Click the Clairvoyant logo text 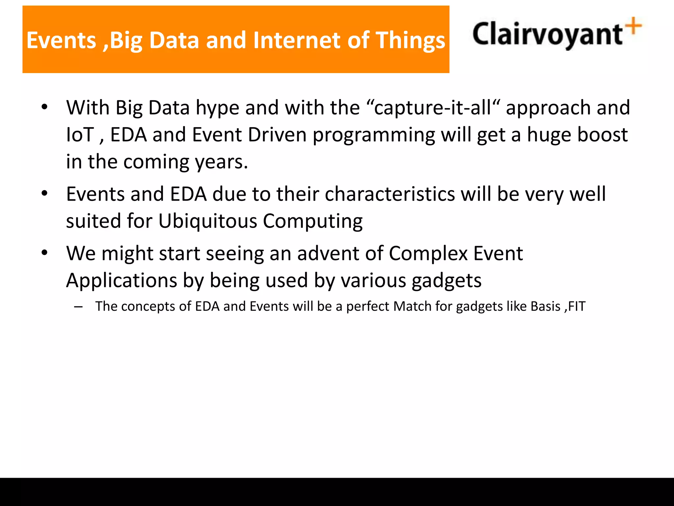tap(547, 34)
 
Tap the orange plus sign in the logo tap(634, 26)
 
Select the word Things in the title tap(410, 40)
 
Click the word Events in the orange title tap(61, 40)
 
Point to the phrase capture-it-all tap(433, 108)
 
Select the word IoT tap(80, 135)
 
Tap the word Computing tap(313, 222)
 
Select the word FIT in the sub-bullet tap(577, 306)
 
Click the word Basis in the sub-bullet tap(545, 306)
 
